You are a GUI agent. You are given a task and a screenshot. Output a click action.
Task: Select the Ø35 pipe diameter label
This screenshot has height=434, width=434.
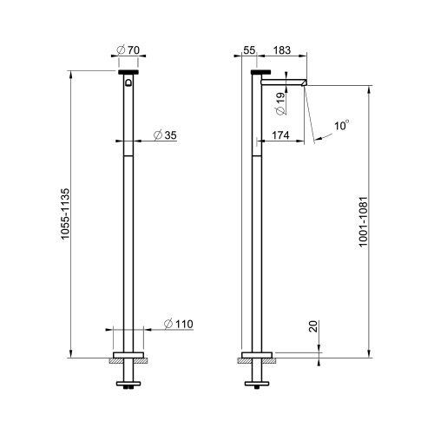165,135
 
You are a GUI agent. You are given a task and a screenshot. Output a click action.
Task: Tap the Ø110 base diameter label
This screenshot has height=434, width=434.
177,324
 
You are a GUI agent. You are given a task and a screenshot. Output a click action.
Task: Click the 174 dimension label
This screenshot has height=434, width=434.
281,135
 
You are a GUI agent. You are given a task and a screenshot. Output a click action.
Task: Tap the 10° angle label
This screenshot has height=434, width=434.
342,126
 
